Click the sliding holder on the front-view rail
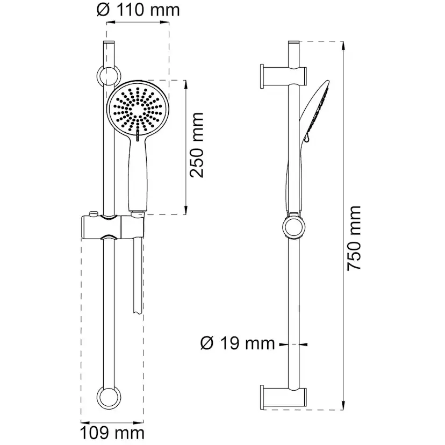coord(110,228)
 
